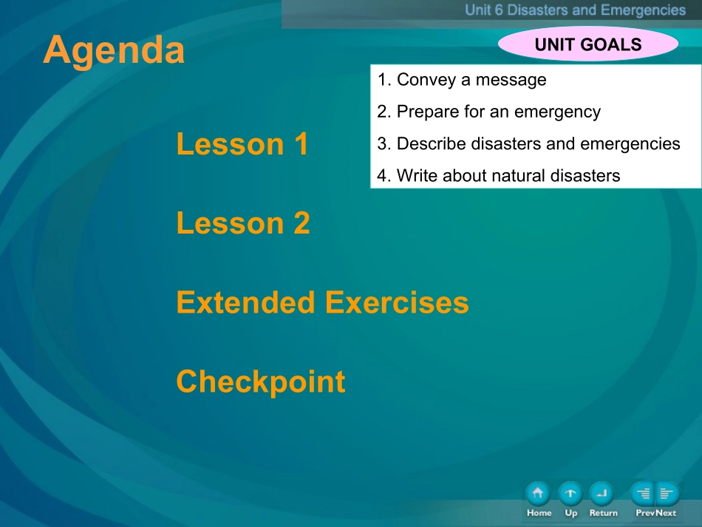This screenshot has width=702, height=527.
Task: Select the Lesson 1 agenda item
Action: tap(242, 143)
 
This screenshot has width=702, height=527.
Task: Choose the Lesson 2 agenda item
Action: tap(243, 223)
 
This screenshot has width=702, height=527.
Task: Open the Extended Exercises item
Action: tap(322, 302)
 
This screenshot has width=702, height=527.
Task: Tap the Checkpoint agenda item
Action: tap(261, 382)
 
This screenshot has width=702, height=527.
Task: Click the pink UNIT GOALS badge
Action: tap(588, 44)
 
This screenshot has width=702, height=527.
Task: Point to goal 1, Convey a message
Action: tap(462, 80)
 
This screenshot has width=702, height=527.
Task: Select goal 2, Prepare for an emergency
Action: tap(488, 112)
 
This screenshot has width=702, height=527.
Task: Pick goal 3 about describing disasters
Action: tap(528, 143)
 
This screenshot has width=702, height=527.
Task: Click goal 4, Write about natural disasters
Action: tap(498, 175)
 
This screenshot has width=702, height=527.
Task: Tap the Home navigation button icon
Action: tap(538, 494)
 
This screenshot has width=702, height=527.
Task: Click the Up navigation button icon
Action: tap(570, 494)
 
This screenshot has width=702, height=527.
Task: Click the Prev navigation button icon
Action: tap(643, 494)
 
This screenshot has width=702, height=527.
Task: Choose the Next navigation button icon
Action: tap(667, 494)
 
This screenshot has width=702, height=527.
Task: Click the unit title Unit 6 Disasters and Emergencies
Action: tap(576, 10)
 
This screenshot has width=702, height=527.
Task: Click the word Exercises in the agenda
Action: tap(397, 302)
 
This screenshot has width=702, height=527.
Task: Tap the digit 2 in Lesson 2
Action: tap(302, 223)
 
